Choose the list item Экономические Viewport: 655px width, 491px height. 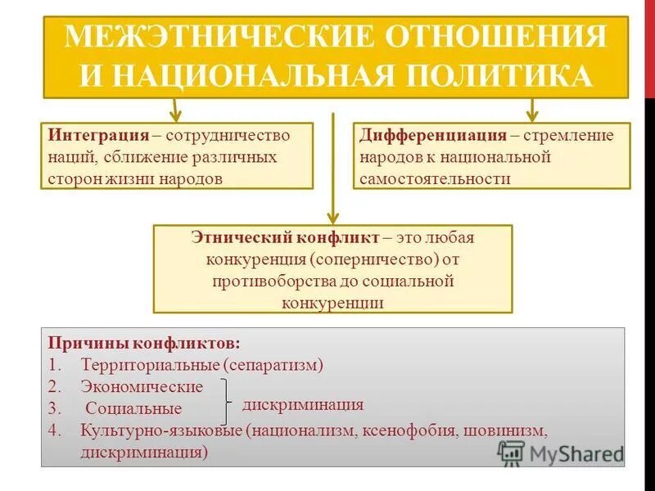tap(142, 386)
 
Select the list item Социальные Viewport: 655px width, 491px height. tap(133, 408)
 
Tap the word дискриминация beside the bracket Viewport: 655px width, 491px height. tap(303, 404)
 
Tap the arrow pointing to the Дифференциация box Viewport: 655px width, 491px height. tap(531, 109)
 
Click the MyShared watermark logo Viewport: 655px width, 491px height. tap(561, 453)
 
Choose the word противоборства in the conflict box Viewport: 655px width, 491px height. tap(262, 281)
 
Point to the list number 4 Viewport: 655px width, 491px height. tap(52, 429)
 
